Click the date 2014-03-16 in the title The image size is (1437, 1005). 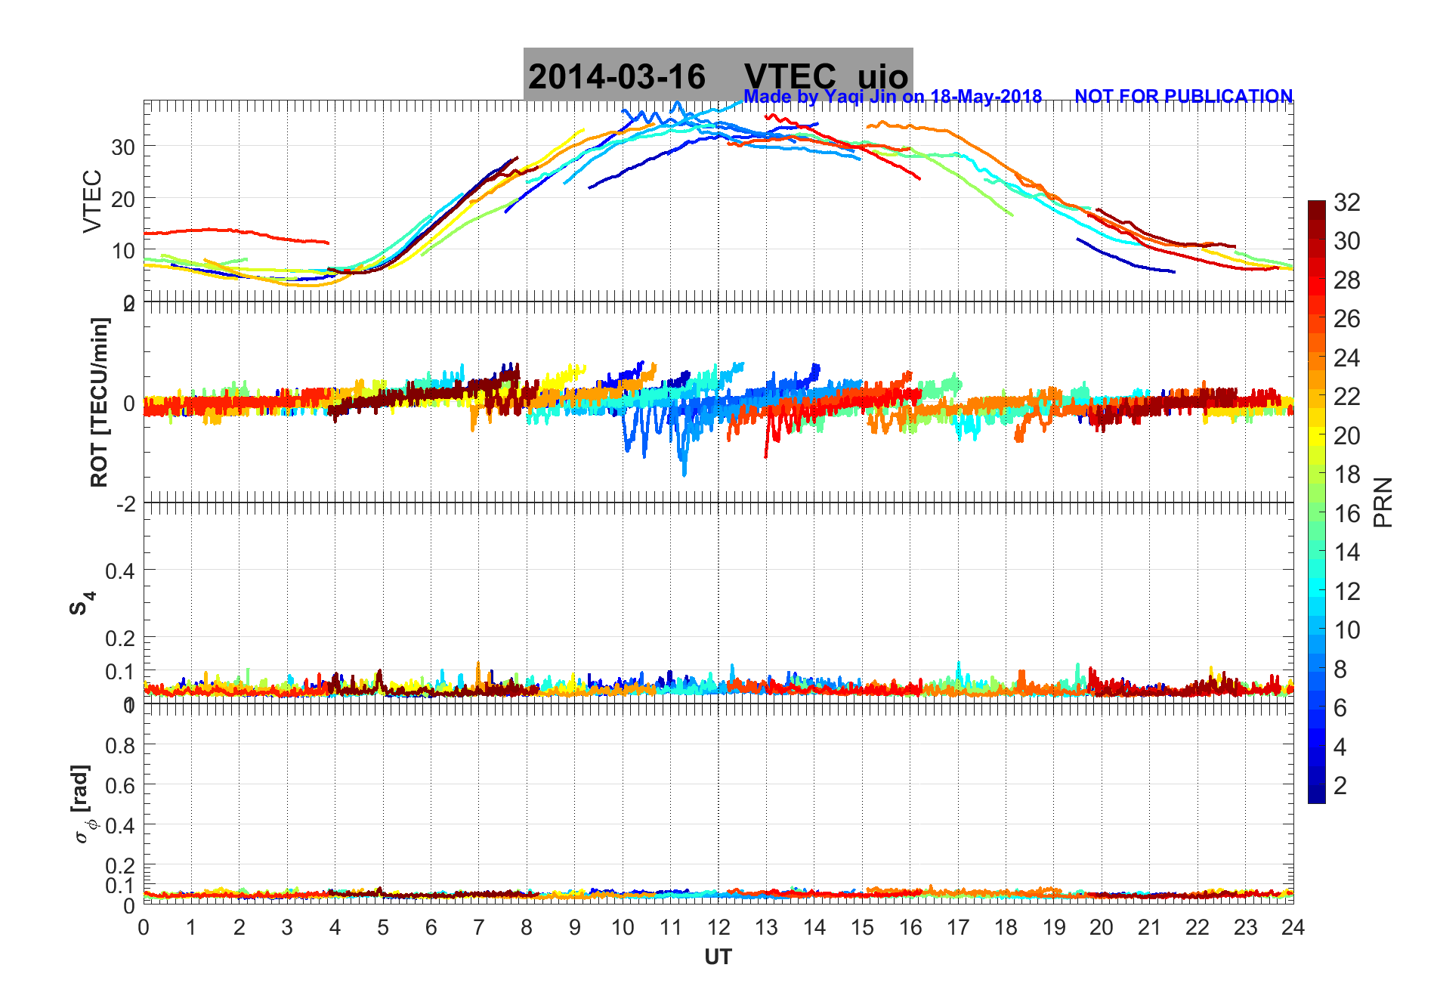pyautogui.click(x=617, y=77)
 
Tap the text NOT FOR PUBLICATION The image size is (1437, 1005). pyautogui.click(x=1183, y=97)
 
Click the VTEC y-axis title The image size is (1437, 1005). pyautogui.click(x=91, y=201)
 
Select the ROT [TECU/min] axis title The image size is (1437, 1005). pyautogui.click(x=99, y=402)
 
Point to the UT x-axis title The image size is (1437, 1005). pyautogui.click(x=718, y=957)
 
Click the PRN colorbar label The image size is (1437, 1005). pyautogui.click(x=1383, y=502)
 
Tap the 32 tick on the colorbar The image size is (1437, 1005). pyautogui.click(x=1346, y=203)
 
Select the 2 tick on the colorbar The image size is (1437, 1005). pyautogui.click(x=1340, y=786)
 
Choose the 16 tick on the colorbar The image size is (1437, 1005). pyautogui.click(x=1346, y=514)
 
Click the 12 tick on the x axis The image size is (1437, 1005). pyautogui.click(x=718, y=928)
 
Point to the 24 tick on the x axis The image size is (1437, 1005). pyautogui.click(x=1293, y=928)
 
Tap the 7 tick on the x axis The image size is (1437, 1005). pyautogui.click(x=479, y=928)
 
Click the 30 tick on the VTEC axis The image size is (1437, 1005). pyautogui.click(x=123, y=147)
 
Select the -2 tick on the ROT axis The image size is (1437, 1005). pyautogui.click(x=125, y=504)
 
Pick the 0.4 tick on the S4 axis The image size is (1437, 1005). pyautogui.click(x=120, y=571)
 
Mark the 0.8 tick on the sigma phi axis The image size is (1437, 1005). pyautogui.click(x=120, y=746)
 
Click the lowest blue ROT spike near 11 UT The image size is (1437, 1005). pyautogui.click(x=685, y=475)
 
